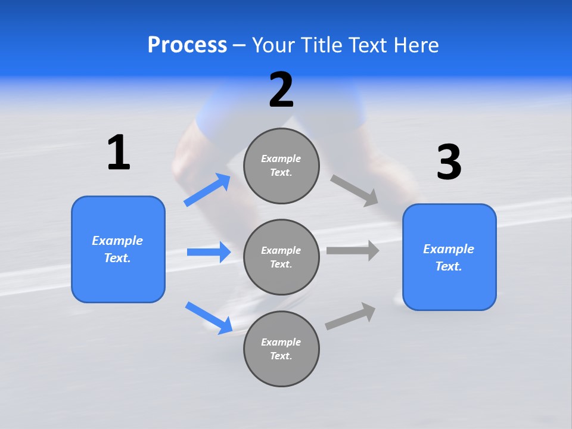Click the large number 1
tap(119, 153)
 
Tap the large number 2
tap(281, 90)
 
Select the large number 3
tap(449, 163)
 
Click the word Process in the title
tap(187, 45)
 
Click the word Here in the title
tap(415, 45)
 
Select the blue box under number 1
tap(118, 249)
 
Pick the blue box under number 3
tap(449, 257)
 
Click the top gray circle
tap(281, 166)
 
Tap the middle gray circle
tap(281, 257)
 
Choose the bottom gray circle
tap(281, 349)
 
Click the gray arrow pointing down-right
tap(355, 190)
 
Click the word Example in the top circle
tap(281, 158)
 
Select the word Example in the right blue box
tap(449, 249)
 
